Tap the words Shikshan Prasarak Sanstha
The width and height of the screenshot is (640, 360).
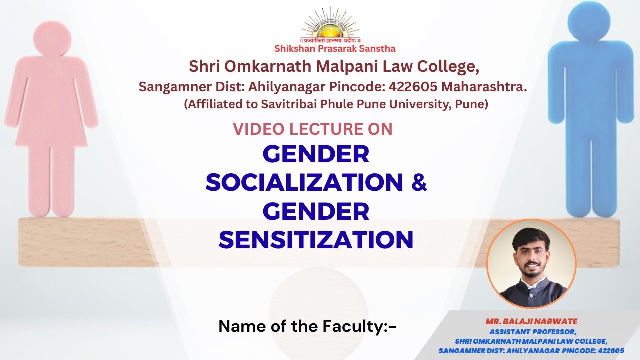pos(335,49)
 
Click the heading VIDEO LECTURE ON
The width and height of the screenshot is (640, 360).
pos(313,129)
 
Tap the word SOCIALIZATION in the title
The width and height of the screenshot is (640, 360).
pos(304,182)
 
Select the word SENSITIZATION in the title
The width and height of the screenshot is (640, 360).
pos(316,240)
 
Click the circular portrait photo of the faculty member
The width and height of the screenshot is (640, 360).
pos(531,264)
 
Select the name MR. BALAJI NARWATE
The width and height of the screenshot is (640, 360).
pos(531,321)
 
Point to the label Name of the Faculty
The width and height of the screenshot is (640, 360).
pos(307,326)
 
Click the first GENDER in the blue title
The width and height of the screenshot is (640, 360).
pos(316,154)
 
